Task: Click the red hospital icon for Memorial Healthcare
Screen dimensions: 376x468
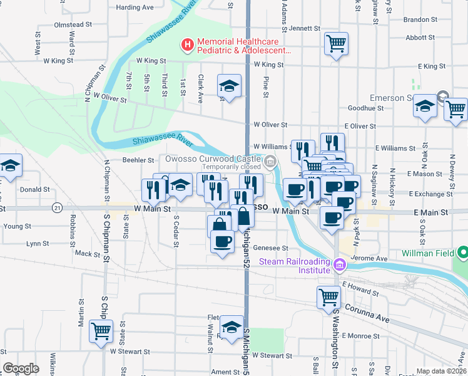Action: pyautogui.click(x=186, y=44)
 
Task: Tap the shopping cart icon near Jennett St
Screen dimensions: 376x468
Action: pyautogui.click(x=336, y=44)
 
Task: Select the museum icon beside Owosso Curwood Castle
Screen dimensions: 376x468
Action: pyautogui.click(x=270, y=163)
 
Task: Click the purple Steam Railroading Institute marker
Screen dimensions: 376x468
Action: pyautogui.click(x=340, y=265)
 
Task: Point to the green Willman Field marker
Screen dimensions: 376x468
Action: pyautogui.click(x=463, y=253)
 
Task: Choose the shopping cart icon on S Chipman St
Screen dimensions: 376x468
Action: pyautogui.click(x=101, y=331)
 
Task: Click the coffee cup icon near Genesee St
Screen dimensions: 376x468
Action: pyautogui.click(x=221, y=241)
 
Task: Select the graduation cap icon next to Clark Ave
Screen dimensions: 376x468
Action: pyautogui.click(x=229, y=85)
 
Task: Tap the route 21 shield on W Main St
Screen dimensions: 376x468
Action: pyautogui.click(x=58, y=207)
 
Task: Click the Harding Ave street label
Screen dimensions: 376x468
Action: pyautogui.click(x=135, y=8)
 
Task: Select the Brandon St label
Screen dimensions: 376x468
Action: pyautogui.click(x=420, y=19)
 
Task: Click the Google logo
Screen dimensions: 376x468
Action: pyautogui.click(x=21, y=368)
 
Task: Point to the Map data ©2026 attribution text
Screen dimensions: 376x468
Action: pyautogui.click(x=441, y=371)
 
